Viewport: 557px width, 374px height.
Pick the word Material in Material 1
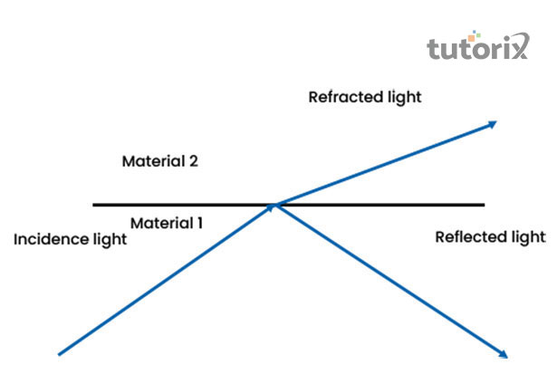tap(160, 222)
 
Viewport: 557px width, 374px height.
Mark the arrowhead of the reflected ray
tap(501, 352)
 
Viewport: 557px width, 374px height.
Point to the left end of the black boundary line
tap(94, 205)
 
